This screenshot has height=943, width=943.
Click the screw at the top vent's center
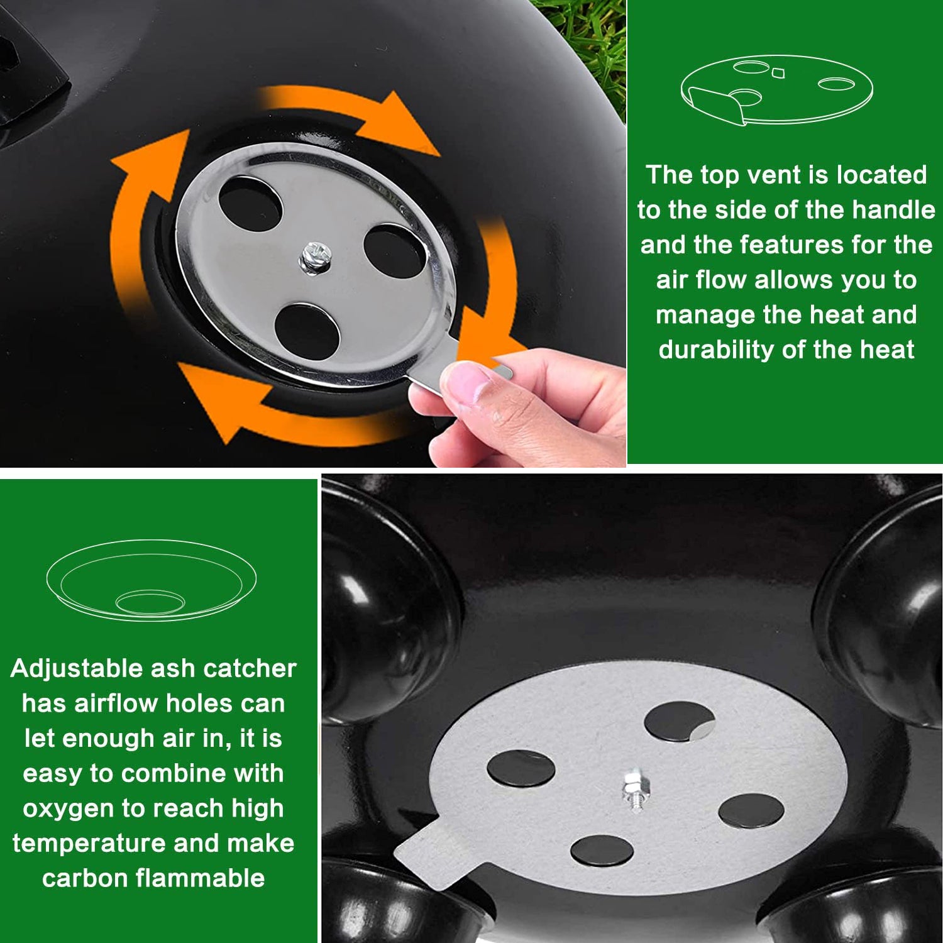pyautogui.click(x=315, y=257)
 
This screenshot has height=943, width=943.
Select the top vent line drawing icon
pyautogui.click(x=777, y=90)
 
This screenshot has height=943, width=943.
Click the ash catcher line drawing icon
pyautogui.click(x=152, y=580)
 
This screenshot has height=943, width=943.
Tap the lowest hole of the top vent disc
pyautogui.click(x=308, y=333)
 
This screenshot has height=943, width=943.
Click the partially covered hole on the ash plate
pyautogui.click(x=680, y=722)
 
